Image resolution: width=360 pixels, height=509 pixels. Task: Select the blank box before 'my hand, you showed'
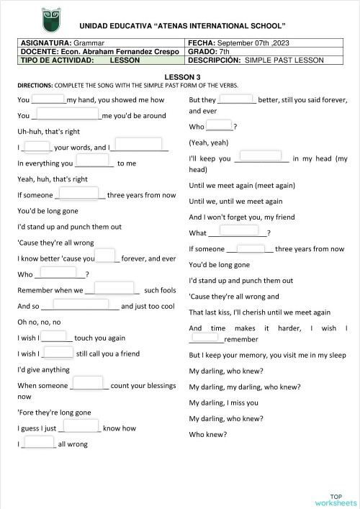(x=48, y=99)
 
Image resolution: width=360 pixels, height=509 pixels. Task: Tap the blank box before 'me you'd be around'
(x=68, y=114)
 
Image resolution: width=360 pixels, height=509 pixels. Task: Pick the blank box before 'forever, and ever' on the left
(x=106, y=256)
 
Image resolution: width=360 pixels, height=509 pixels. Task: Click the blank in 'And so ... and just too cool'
(x=79, y=305)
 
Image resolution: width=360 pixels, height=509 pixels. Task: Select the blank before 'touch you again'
(x=54, y=335)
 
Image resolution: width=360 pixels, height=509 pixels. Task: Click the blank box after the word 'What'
(x=238, y=230)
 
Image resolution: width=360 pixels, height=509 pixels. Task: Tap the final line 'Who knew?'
(x=207, y=434)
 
